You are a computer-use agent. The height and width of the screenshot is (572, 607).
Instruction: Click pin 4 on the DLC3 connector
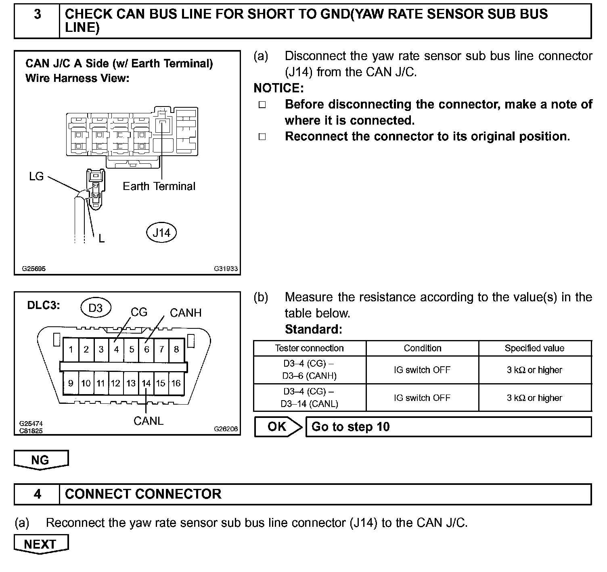[116, 349]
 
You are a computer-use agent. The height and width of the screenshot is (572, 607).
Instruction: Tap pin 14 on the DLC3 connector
[146, 383]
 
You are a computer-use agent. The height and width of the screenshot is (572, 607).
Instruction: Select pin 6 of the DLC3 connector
[147, 349]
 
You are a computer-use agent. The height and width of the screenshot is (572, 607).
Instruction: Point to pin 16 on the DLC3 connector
[176, 383]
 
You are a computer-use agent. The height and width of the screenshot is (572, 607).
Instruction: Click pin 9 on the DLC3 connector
[71, 383]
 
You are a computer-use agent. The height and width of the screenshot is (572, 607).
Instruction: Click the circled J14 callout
[161, 233]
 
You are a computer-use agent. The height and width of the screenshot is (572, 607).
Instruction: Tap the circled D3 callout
[95, 308]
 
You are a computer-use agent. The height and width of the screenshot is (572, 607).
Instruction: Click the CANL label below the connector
[148, 421]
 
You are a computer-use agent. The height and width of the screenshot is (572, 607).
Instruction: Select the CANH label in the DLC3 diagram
[185, 313]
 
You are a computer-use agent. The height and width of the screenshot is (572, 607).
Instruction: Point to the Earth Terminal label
[159, 186]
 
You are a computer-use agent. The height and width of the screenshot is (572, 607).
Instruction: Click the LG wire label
[36, 176]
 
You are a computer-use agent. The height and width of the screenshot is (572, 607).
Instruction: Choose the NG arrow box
[41, 460]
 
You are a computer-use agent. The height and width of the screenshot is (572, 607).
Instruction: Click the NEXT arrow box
[41, 544]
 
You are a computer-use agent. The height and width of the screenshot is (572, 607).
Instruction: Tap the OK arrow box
[278, 427]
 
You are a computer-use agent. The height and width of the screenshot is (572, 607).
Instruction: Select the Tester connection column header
[309, 348]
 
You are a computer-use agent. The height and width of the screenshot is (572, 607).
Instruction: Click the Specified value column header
[534, 348]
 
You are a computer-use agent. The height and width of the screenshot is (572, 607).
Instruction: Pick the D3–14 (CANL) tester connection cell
[309, 398]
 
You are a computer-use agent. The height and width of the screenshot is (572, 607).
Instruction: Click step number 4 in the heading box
[37, 494]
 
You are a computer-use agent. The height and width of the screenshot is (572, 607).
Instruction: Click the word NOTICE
[278, 88]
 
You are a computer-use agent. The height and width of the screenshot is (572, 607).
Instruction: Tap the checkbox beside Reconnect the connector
[262, 137]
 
